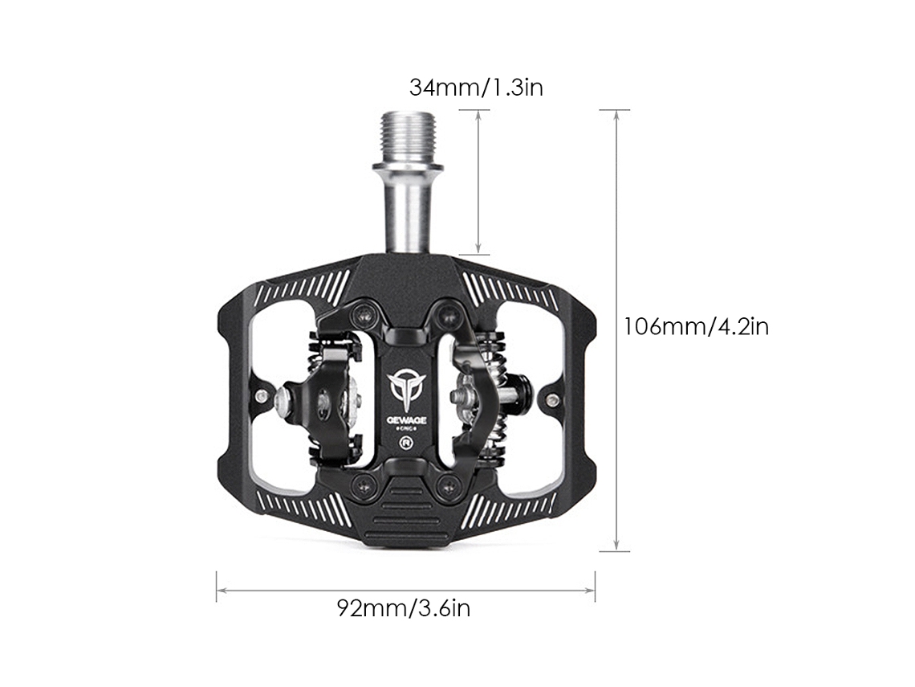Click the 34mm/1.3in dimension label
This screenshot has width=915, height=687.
[x=476, y=88]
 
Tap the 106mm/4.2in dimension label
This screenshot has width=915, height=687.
[x=696, y=326]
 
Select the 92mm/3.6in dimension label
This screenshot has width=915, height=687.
[x=403, y=608]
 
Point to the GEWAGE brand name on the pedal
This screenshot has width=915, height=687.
[x=407, y=420]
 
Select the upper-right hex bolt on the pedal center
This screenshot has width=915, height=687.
[x=448, y=316]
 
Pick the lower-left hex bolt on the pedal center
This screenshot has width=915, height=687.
[x=365, y=484]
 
